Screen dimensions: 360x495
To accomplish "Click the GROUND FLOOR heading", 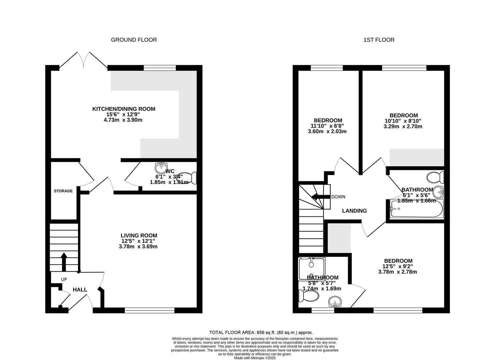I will [x=134, y=40].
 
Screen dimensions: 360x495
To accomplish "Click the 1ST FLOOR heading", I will [x=379, y=40].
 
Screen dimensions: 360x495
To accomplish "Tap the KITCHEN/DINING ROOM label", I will [x=124, y=109].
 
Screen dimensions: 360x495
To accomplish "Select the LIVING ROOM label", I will [x=139, y=235].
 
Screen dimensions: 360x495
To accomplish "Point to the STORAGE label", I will [x=63, y=191].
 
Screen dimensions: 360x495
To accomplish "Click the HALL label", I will [x=80, y=290].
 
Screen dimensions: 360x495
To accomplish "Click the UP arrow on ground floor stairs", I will [x=63, y=262].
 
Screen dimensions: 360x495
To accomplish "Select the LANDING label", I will [x=354, y=211].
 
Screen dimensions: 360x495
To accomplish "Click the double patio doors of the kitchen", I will [x=83, y=60].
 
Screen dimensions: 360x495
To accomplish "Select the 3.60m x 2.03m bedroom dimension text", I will [x=327, y=131].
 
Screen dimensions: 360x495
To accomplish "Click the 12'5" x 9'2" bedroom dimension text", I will [x=398, y=266].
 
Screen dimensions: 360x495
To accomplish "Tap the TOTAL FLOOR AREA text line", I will [x=261, y=332].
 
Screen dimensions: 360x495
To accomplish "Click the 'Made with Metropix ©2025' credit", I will [x=255, y=358].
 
